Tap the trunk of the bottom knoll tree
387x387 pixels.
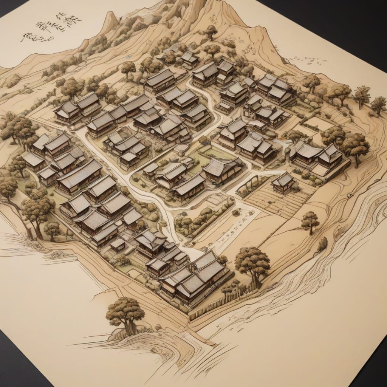pyautogui.click(x=130, y=328)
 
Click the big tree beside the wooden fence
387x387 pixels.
pyautogui.click(x=252, y=263)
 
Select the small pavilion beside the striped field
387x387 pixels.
pyautogui.click(x=283, y=183)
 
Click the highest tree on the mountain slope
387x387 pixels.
pyautogui.click(x=211, y=32)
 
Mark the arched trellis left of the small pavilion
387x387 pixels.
pyautogui.click(x=248, y=185)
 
